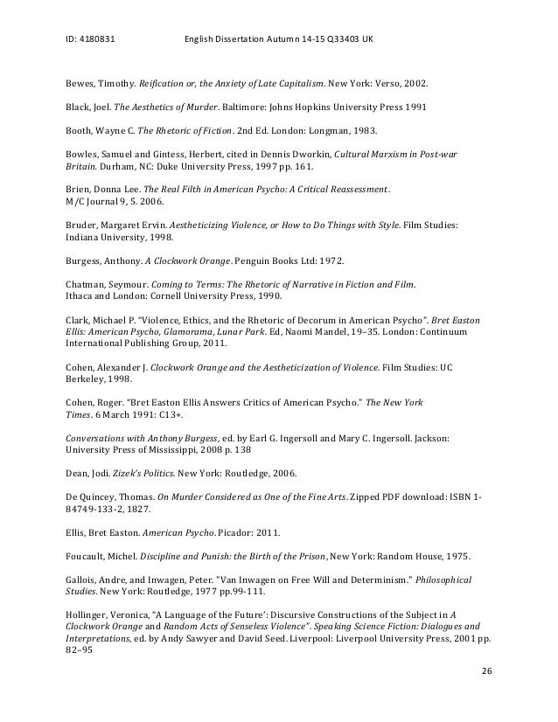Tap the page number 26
488,695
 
